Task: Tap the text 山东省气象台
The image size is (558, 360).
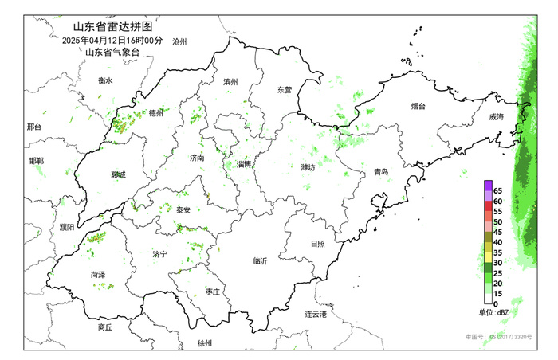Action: (x=112, y=53)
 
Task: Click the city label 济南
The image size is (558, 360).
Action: (x=197, y=158)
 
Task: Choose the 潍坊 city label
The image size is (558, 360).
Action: (x=308, y=168)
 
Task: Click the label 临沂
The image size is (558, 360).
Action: (x=260, y=260)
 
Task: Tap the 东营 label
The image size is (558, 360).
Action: (x=285, y=90)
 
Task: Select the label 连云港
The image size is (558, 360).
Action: (x=316, y=315)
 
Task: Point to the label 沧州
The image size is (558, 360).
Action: (x=179, y=41)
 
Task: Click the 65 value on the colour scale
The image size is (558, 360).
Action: (x=497, y=191)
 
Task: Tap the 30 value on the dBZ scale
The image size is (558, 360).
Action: (x=497, y=263)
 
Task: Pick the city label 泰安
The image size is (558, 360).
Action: (x=183, y=209)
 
